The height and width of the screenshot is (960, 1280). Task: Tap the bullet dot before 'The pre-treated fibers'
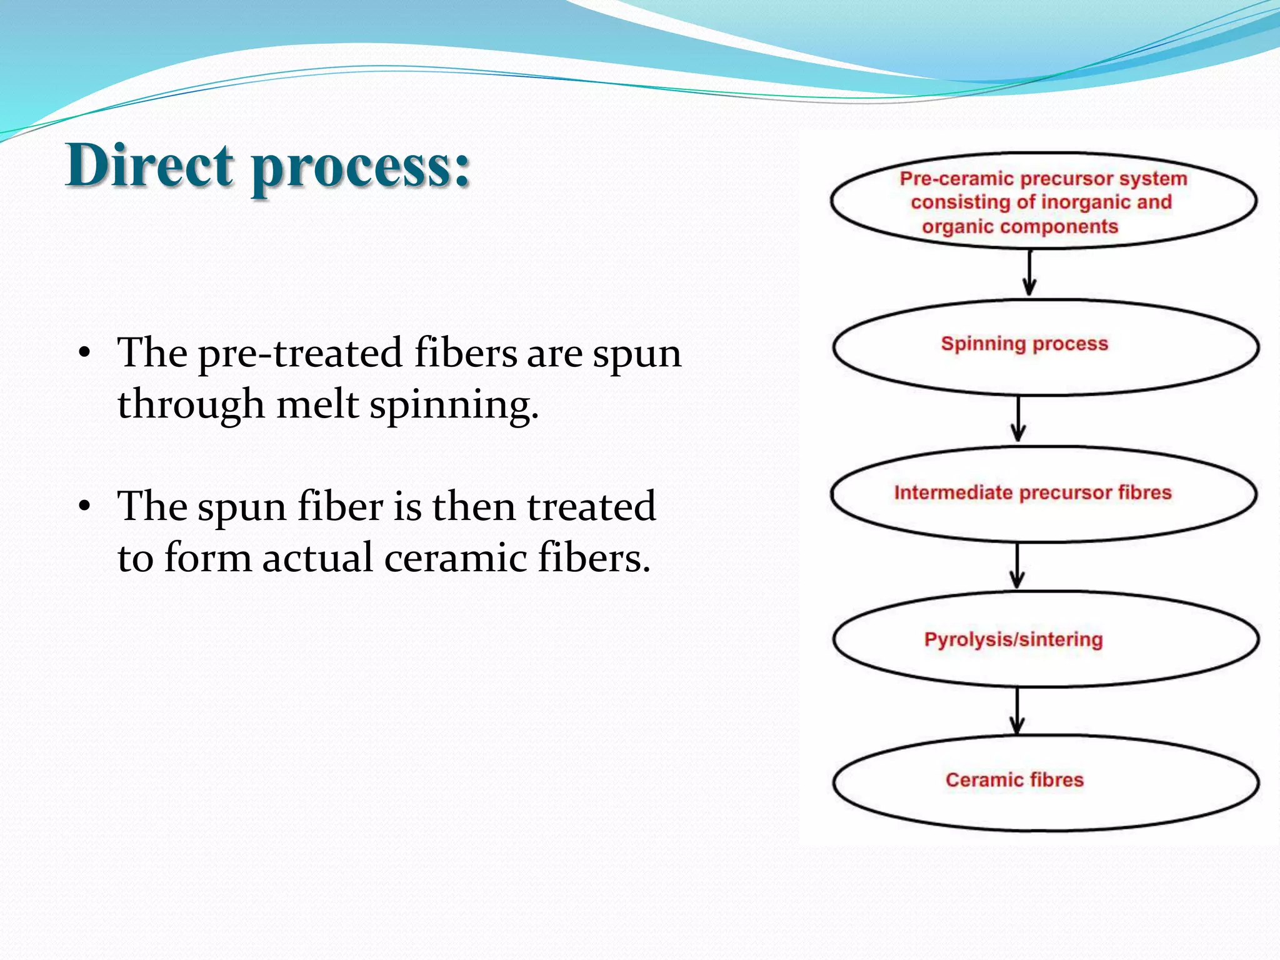[85, 354]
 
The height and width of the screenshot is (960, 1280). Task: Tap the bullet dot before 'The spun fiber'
[85, 507]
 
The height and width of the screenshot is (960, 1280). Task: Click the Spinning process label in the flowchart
[1024, 344]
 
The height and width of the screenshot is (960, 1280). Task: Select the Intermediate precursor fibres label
[1032, 492]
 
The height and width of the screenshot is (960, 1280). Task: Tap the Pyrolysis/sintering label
[1013, 640]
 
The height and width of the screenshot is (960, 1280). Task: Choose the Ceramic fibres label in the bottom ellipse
[1014, 780]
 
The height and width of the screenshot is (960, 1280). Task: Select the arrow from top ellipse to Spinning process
[1029, 273]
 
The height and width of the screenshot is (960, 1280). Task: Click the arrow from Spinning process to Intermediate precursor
[1019, 419]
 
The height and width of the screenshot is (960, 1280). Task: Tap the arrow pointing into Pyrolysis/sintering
[1017, 566]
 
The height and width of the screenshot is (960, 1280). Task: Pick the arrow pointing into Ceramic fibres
[1017, 711]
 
